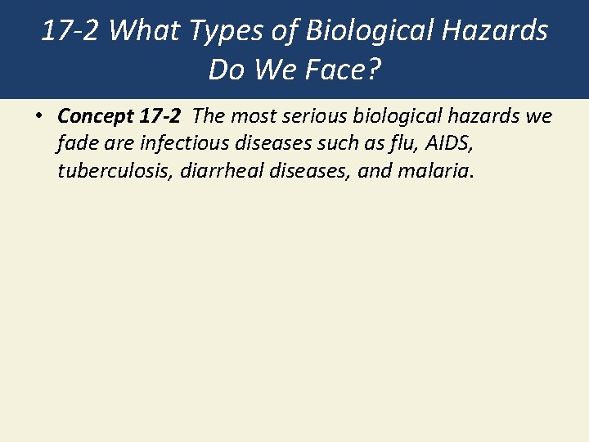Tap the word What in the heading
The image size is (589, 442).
135,31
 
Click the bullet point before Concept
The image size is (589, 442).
39,117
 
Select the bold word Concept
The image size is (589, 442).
91,117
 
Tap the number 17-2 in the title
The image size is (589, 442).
70,31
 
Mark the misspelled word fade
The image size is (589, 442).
74,144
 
